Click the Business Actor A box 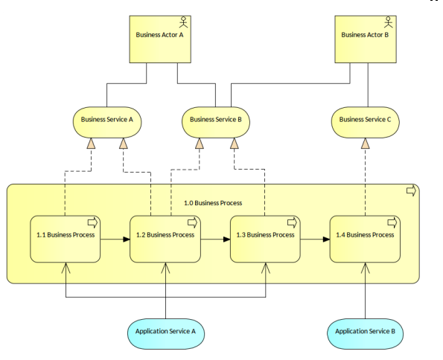coord(160,39)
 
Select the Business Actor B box coord(366,39)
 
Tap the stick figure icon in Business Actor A coord(184,22)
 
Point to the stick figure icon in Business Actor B coord(389,22)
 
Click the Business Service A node coord(107,122)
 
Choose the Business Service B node coord(216,122)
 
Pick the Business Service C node coord(366,122)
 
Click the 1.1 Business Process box coord(66,240)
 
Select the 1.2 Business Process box coord(165,240)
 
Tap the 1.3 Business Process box coord(265,240)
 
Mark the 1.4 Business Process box coord(365,240)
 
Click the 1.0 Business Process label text coord(213,203)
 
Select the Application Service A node coord(166,334)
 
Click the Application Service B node coord(366,334)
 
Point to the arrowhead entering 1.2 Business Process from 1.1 coord(127,240)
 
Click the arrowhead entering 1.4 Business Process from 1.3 coord(326,240)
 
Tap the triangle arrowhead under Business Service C coord(366,144)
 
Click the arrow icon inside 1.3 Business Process coord(292,223)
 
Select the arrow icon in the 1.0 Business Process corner coord(411,190)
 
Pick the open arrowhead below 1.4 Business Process coord(366,269)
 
